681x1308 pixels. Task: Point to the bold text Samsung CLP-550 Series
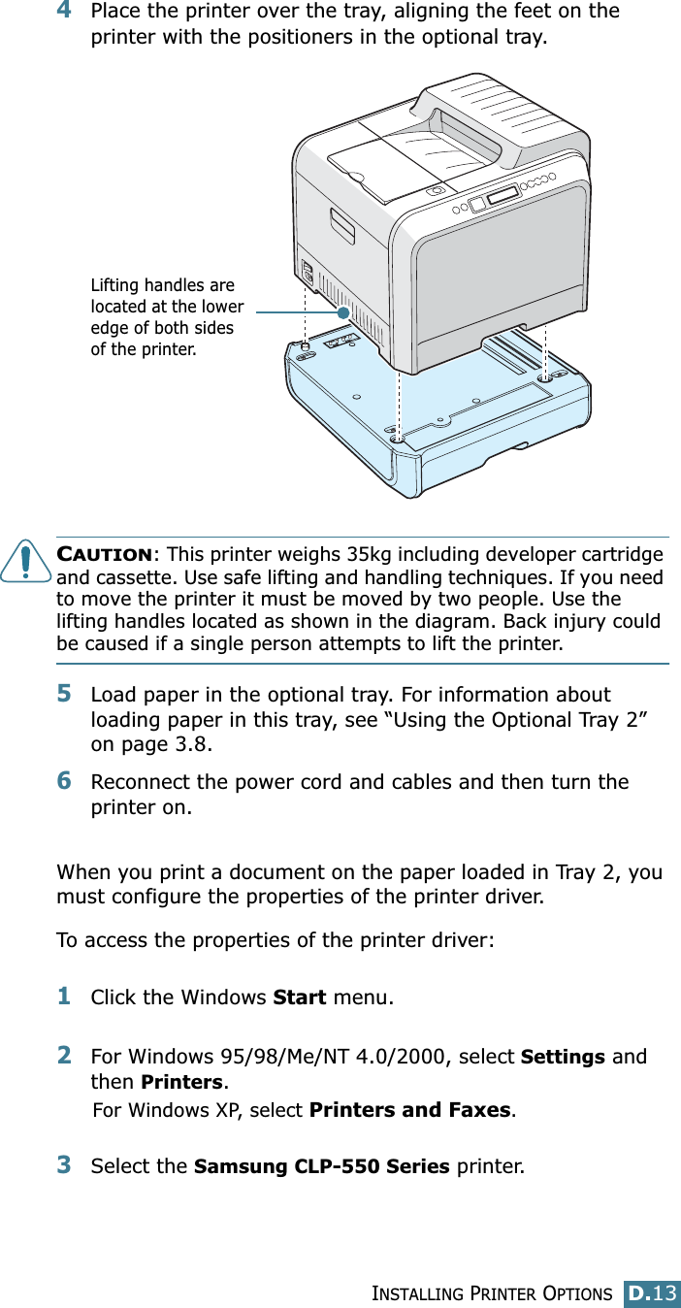pos(321,1165)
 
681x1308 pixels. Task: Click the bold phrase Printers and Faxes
pos(409,1109)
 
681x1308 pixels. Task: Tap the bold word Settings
pos(564,1057)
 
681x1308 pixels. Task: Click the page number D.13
pos(652,1292)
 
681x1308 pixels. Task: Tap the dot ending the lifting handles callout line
pos(343,312)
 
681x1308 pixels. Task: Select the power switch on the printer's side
pos(308,273)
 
